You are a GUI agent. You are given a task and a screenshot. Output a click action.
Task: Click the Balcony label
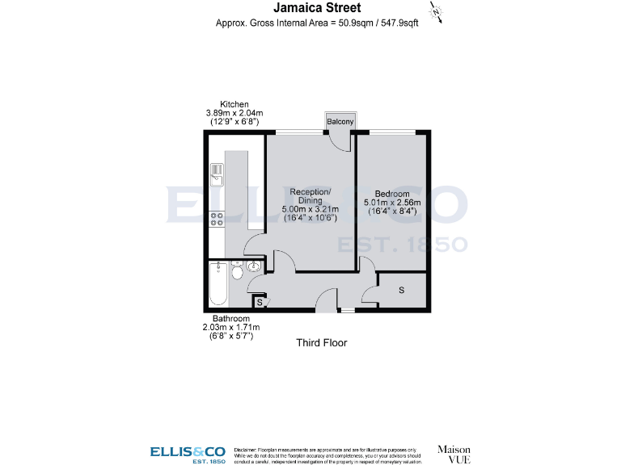340,122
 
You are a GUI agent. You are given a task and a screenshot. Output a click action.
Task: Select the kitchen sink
217,171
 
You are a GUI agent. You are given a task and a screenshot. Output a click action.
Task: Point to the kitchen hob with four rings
217,218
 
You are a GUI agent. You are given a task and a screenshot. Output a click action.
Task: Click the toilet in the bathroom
236,272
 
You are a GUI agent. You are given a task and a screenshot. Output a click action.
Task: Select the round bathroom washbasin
254,266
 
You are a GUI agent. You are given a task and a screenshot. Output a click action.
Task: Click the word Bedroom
392,194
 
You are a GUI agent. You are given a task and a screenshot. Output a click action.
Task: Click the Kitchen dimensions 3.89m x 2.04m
234,113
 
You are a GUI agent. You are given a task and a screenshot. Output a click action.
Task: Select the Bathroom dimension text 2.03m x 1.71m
230,327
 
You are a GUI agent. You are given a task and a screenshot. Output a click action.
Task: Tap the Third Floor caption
321,343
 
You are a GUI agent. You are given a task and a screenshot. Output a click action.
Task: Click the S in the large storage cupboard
402,289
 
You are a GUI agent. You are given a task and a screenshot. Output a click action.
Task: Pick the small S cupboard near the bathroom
259,303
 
